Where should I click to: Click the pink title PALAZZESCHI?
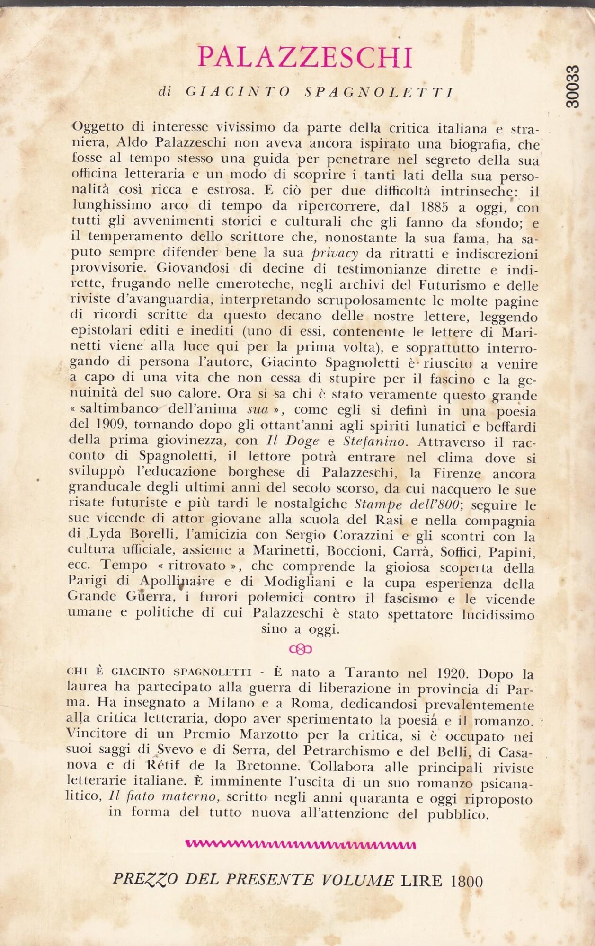tap(305, 57)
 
